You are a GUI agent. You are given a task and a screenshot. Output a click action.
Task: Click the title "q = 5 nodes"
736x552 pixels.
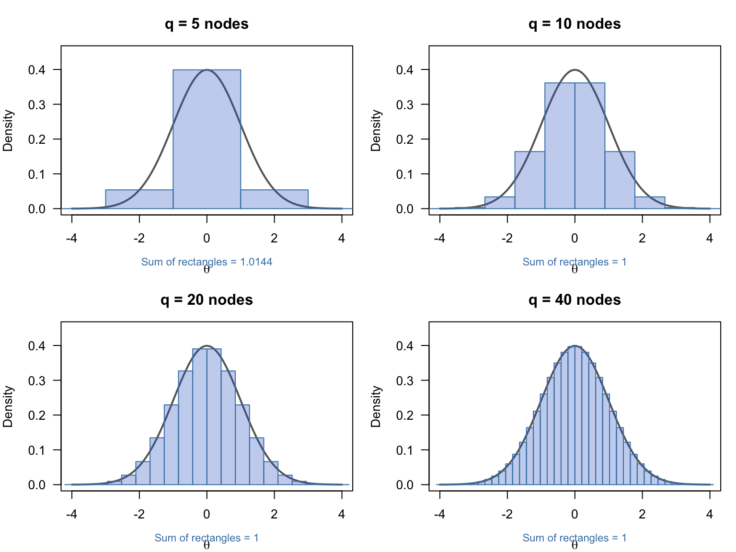207,24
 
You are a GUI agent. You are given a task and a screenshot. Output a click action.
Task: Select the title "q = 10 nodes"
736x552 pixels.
575,24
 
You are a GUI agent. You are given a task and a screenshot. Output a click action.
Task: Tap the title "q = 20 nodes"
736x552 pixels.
207,300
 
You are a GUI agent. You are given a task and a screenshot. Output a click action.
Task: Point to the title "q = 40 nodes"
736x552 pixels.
575,300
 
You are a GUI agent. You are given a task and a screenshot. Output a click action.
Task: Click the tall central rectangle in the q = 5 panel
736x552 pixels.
207,144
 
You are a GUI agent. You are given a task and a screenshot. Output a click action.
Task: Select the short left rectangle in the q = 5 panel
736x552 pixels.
139,199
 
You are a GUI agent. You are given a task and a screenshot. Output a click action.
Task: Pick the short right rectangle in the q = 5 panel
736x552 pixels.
274,199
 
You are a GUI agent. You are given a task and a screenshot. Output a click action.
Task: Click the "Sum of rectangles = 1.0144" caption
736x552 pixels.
207,262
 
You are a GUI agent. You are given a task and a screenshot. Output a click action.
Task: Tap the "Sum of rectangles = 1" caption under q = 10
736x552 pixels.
575,262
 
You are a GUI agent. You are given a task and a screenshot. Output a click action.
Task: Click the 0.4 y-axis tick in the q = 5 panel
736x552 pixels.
37,70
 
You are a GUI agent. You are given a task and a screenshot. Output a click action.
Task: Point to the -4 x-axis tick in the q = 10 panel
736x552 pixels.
439,238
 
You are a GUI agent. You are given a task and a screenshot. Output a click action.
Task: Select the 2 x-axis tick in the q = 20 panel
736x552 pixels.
274,514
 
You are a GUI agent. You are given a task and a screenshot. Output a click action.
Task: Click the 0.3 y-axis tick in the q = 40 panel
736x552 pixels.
405,380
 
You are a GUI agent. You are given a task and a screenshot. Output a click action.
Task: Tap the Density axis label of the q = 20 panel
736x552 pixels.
8,406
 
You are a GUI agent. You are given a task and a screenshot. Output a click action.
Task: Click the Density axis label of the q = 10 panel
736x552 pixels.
376,130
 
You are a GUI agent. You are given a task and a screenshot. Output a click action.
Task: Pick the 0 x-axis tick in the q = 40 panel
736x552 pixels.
575,514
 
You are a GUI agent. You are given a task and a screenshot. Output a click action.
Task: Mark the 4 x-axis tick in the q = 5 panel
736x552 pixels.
342,238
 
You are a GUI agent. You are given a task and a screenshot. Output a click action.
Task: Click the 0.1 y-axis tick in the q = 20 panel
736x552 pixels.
37,450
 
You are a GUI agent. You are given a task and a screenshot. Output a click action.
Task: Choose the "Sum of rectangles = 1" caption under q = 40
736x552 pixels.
575,538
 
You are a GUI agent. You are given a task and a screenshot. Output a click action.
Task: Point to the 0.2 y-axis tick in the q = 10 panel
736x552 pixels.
405,139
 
